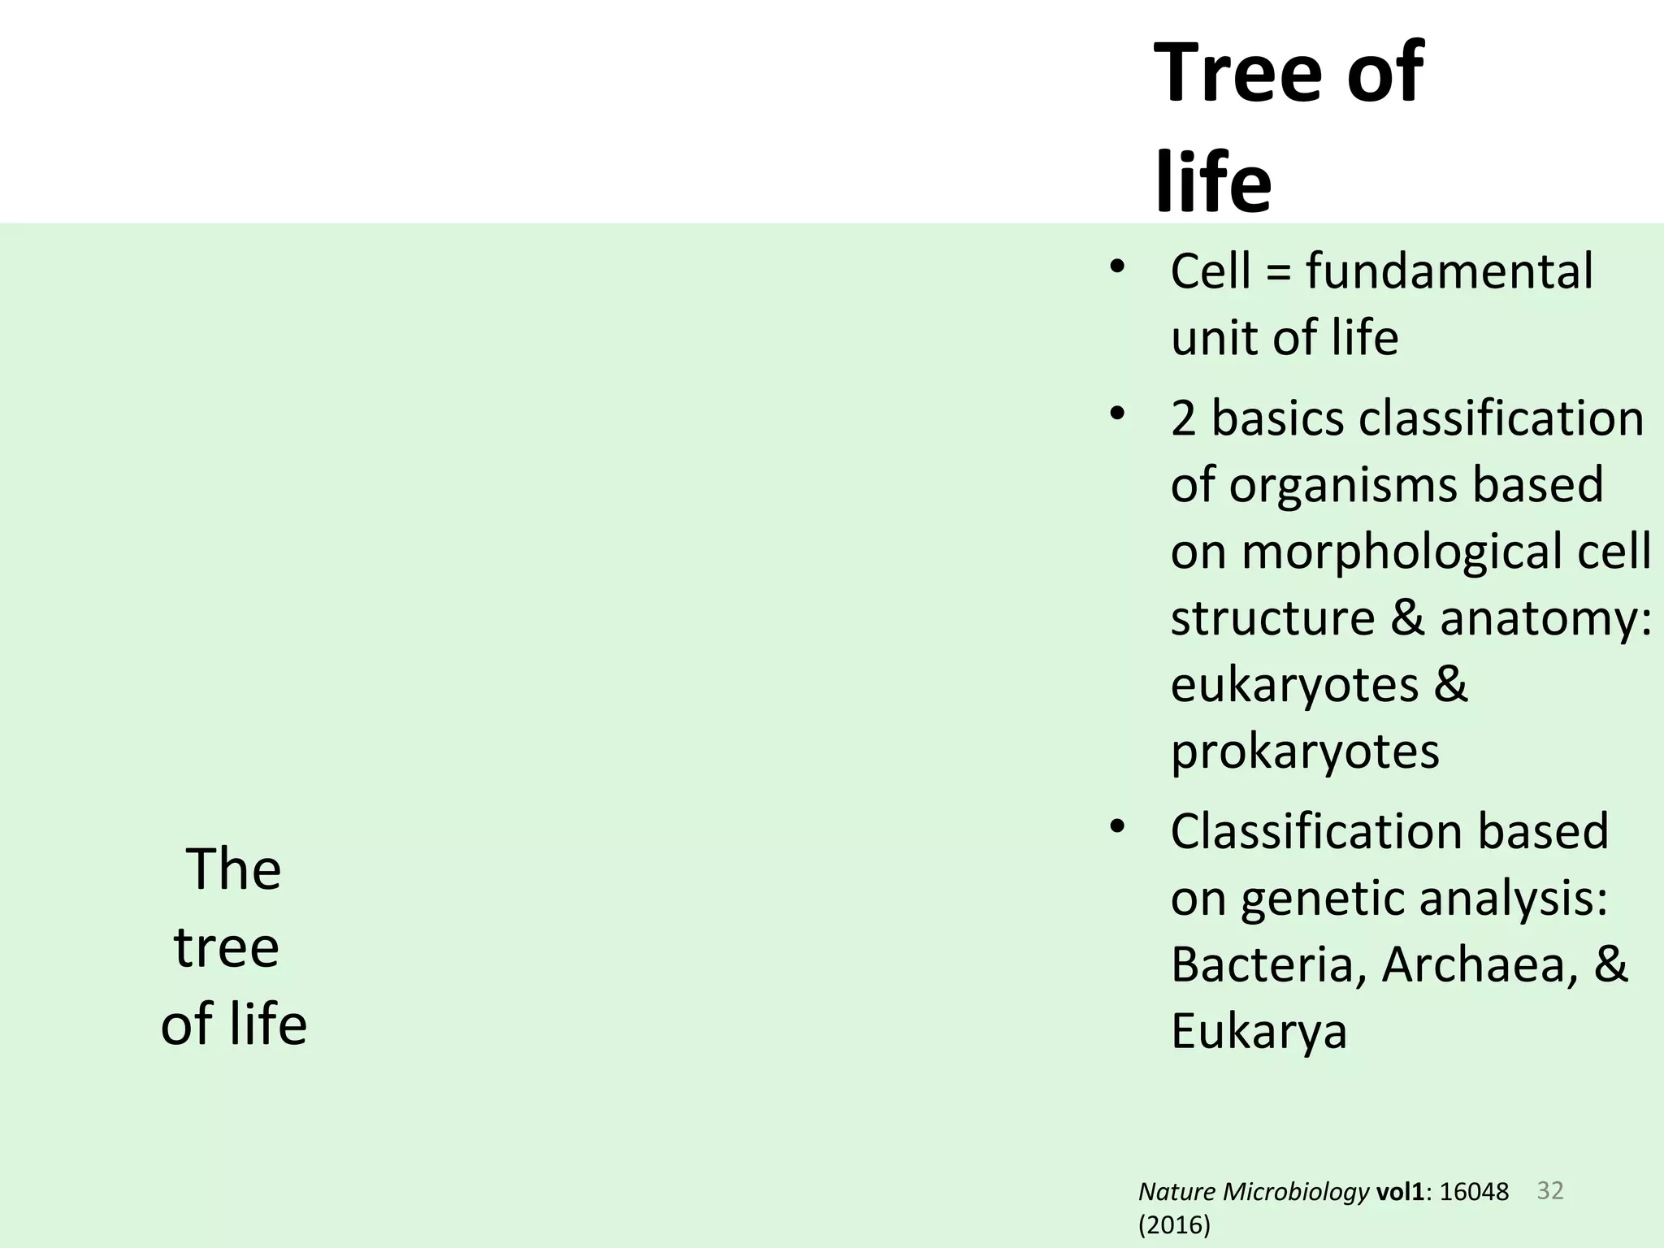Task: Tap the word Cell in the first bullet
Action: [x=1210, y=271]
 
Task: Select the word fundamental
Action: [x=1449, y=271]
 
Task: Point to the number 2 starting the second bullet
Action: [x=1183, y=419]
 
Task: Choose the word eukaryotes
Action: [x=1294, y=685]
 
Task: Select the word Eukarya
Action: [x=1259, y=1032]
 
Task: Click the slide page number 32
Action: [x=1550, y=1191]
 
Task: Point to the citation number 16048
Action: [x=1474, y=1193]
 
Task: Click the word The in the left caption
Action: [x=234, y=869]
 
